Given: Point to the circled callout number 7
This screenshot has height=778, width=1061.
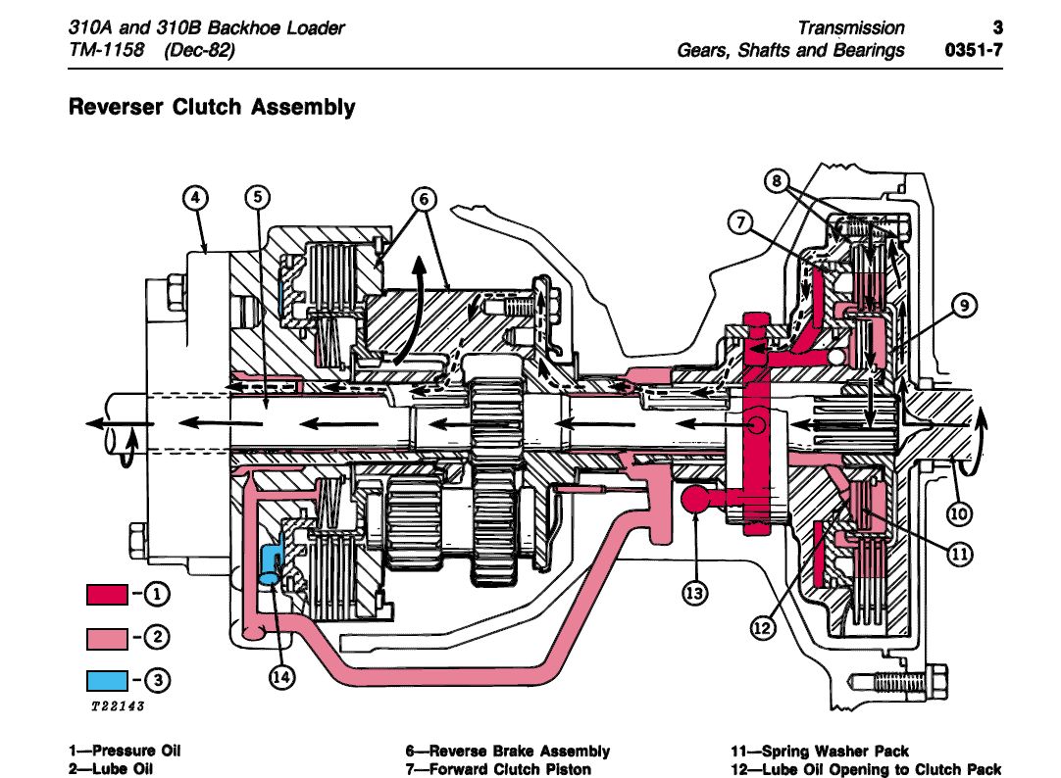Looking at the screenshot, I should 739,222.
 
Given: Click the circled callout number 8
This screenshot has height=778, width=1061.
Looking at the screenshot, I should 776,181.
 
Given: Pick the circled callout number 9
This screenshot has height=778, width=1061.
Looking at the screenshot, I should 964,307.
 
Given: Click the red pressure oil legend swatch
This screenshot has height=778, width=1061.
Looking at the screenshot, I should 107,594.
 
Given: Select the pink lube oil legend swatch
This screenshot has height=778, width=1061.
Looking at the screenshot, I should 107,639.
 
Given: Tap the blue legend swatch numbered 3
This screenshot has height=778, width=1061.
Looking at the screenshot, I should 107,679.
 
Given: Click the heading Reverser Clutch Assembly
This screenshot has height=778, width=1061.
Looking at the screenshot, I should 212,107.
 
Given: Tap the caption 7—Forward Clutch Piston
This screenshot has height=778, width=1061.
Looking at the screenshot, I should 498,769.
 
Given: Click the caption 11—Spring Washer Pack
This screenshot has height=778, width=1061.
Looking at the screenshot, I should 820,752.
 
